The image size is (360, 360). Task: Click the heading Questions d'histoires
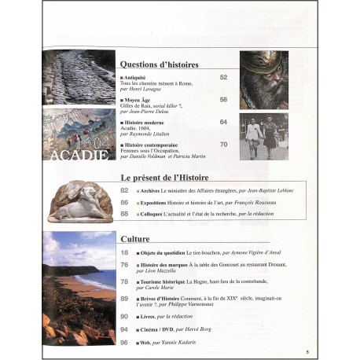[159, 64]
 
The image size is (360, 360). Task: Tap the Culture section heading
[135, 238]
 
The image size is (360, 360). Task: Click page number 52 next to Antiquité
[224, 77]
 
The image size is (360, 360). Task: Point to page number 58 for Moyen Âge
[224, 100]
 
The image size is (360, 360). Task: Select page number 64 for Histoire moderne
[224, 122]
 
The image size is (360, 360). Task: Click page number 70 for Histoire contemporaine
[224, 144]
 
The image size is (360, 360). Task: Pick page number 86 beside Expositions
[125, 202]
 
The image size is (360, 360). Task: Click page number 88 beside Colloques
[125, 213]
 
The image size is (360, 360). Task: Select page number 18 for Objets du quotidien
[125, 252]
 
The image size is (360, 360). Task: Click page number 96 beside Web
[125, 342]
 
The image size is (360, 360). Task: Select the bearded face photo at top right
[264, 82]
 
